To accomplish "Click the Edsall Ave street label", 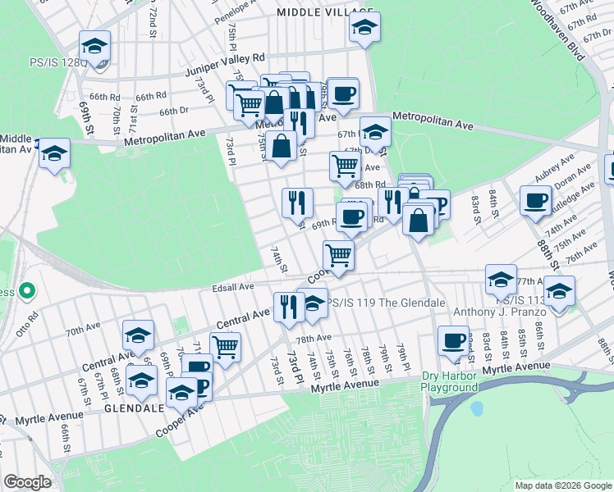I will (x=233, y=287).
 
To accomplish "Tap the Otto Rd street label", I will (x=21, y=326).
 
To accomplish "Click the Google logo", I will (x=27, y=482).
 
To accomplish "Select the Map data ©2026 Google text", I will (x=563, y=485).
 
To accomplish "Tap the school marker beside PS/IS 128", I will (x=94, y=46).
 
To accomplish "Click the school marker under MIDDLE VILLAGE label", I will (x=364, y=27).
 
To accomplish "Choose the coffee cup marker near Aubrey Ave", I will (x=536, y=200).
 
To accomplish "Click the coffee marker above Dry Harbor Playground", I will (x=452, y=340).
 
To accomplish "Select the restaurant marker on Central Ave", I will (x=287, y=307).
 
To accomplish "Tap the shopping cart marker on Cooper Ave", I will (x=338, y=256).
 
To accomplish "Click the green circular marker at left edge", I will (x=26, y=290).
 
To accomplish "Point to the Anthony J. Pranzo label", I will (x=493, y=312).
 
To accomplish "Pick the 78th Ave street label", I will (x=314, y=338).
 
